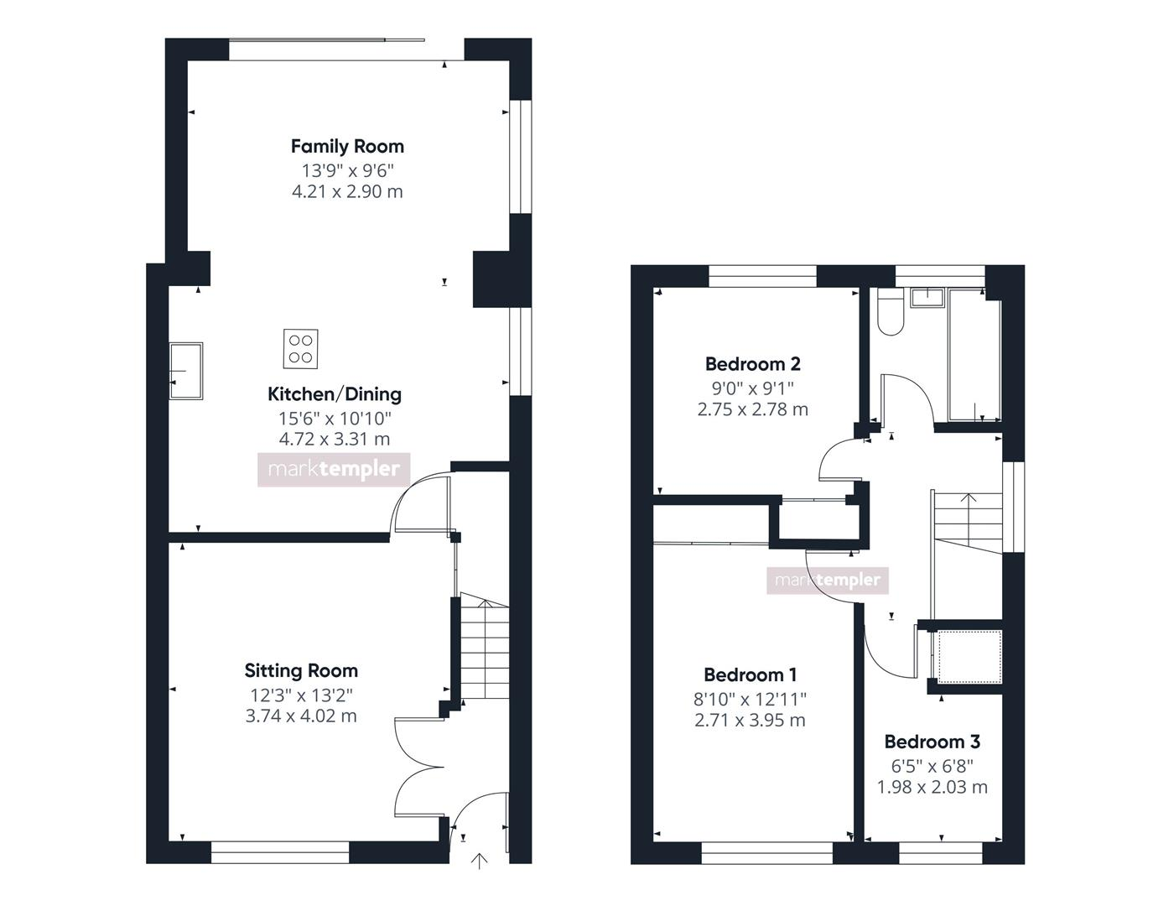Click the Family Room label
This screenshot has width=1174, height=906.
point(347,147)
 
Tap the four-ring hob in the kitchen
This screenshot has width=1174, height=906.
point(300,349)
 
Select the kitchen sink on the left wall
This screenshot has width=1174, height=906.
point(186,371)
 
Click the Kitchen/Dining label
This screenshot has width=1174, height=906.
point(335,394)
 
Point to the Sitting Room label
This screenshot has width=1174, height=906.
point(301,670)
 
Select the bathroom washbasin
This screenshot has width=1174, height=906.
point(927,298)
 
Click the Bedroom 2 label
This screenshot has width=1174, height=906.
point(752,364)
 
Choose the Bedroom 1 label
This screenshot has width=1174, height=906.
point(750,674)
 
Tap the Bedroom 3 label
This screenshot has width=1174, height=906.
point(932,742)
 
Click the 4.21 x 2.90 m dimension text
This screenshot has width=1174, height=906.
point(347,192)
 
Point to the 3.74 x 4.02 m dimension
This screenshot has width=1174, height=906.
point(301,716)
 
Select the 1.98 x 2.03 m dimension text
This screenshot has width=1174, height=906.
point(932,787)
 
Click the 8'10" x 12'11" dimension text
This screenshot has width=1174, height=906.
point(750,700)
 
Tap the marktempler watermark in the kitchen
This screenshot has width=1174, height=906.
point(334,469)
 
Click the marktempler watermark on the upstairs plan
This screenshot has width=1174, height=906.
point(828,581)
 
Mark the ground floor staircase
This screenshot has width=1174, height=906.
point(484,646)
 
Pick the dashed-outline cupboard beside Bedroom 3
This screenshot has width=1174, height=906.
point(969,657)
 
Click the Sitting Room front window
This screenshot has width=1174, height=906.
point(280,852)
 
